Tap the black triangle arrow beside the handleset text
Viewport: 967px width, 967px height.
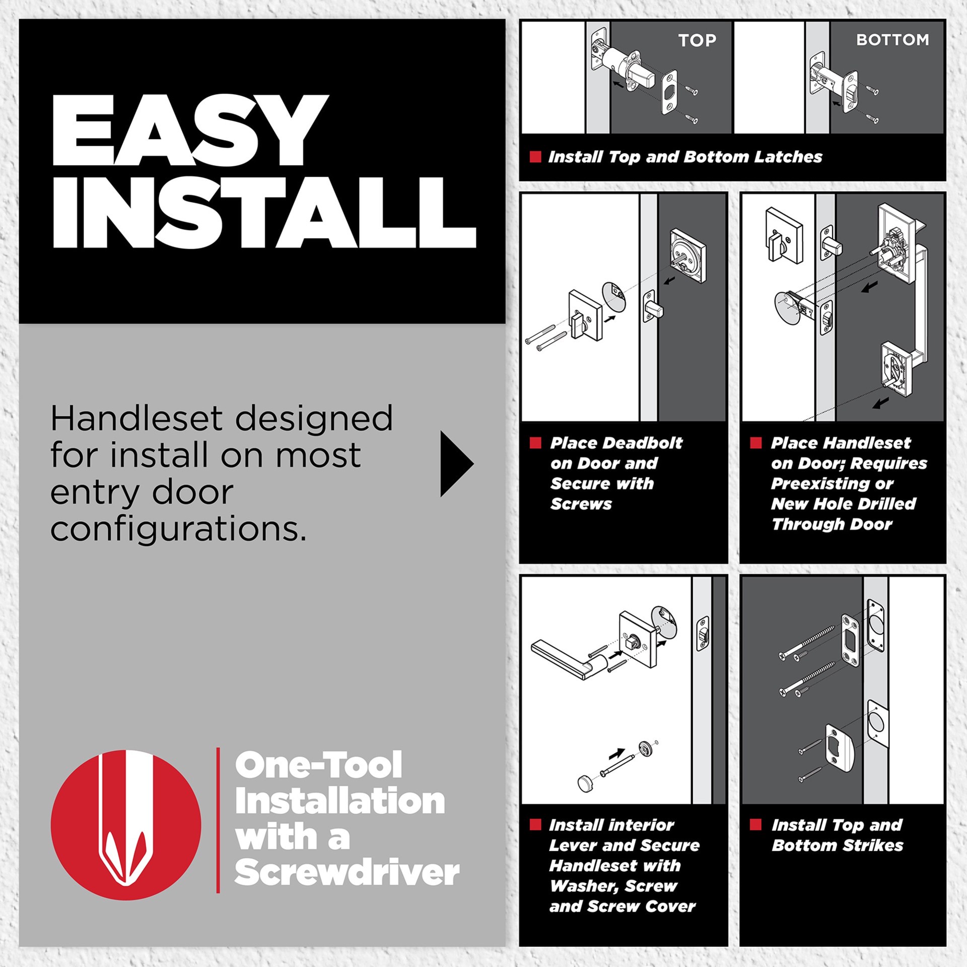(455, 463)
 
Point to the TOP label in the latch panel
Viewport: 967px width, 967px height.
(697, 40)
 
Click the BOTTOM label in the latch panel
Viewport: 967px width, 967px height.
(892, 40)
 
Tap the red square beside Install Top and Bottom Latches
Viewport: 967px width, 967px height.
(535, 157)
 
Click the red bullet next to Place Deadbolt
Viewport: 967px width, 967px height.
(535, 443)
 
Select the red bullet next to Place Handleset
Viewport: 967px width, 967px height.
(756, 443)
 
